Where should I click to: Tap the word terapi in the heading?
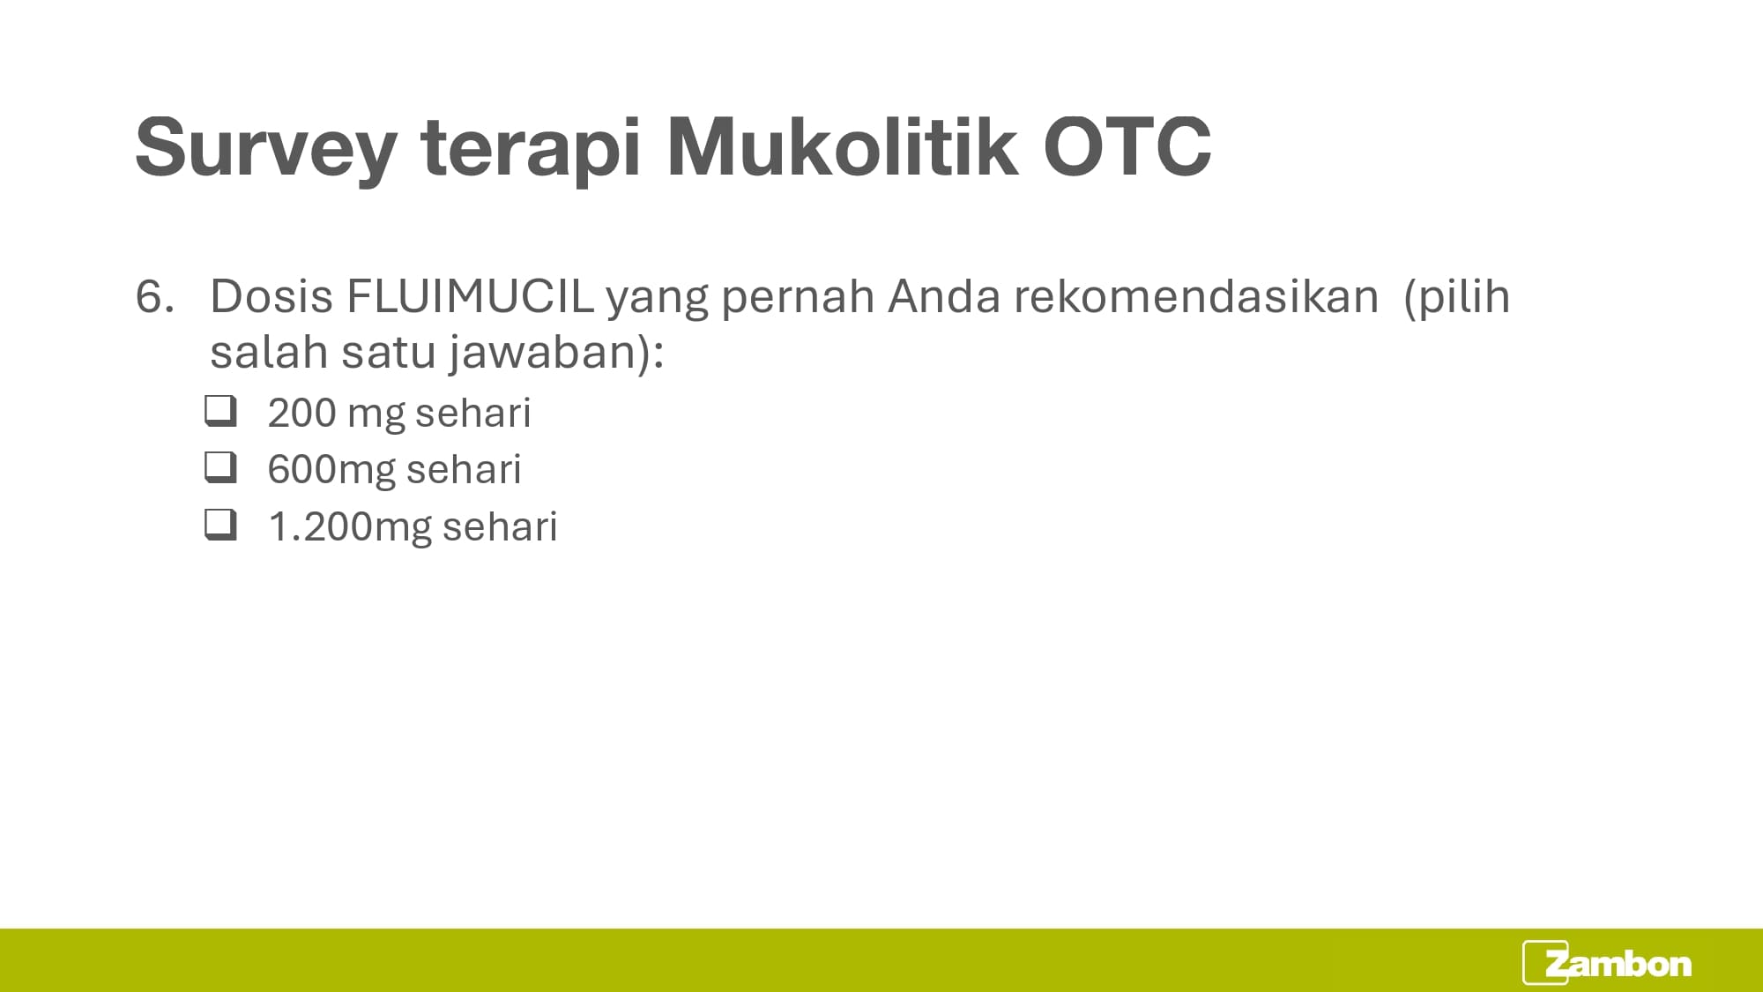click(x=532, y=148)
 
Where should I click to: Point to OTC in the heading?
click(x=1127, y=146)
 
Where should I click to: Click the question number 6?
click(x=154, y=296)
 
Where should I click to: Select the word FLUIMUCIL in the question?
click(x=470, y=296)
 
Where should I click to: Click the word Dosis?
click(x=272, y=296)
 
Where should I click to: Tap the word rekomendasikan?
click(x=1196, y=296)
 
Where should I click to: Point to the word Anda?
click(x=944, y=296)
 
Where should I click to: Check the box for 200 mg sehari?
click(x=220, y=411)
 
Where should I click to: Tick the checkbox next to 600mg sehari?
click(x=220, y=467)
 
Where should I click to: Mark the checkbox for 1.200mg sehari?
click(x=220, y=525)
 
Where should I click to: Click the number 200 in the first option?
click(x=301, y=414)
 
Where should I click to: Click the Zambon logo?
click(x=1607, y=963)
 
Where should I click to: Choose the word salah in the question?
click(x=269, y=351)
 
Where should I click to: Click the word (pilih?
click(x=1456, y=298)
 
